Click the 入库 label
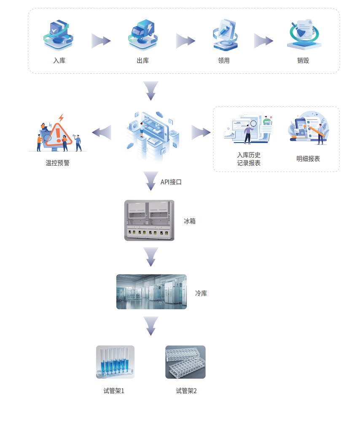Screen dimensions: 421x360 (59, 60)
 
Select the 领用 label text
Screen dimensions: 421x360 (224, 60)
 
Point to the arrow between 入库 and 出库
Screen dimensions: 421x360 (101, 41)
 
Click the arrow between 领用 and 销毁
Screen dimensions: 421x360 (263, 41)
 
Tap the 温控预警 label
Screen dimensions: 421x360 (57, 162)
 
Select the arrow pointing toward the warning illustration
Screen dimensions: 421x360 (102, 132)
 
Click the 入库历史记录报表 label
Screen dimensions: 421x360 (249, 159)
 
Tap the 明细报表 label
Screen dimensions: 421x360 (308, 159)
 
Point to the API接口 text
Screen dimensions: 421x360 (171, 182)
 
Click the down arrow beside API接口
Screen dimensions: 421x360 (150, 181)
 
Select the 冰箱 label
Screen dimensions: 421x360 (190, 221)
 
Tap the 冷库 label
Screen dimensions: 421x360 (201, 293)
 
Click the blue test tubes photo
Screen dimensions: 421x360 (115, 362)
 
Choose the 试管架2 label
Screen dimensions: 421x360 (186, 391)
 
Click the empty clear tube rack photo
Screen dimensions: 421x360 (185, 362)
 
